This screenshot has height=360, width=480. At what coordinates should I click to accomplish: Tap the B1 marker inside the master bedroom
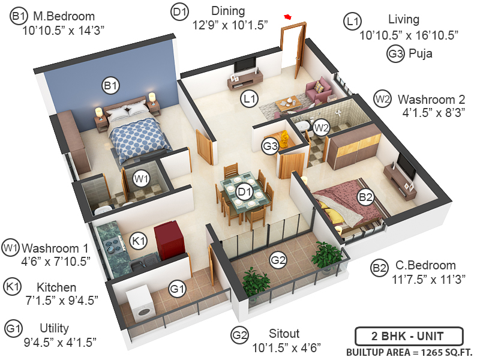110,86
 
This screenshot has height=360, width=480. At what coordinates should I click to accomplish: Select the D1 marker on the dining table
243,192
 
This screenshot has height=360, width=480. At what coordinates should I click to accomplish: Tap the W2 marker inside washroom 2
322,127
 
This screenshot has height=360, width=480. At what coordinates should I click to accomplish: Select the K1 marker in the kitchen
139,241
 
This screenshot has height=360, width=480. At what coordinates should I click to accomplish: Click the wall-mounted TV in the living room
245,65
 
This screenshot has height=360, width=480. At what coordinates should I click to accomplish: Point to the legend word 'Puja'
420,54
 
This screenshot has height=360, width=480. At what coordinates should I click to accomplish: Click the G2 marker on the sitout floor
278,260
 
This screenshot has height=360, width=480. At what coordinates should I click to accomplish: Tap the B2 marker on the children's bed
365,196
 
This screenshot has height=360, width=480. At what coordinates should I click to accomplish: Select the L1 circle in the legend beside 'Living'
353,21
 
